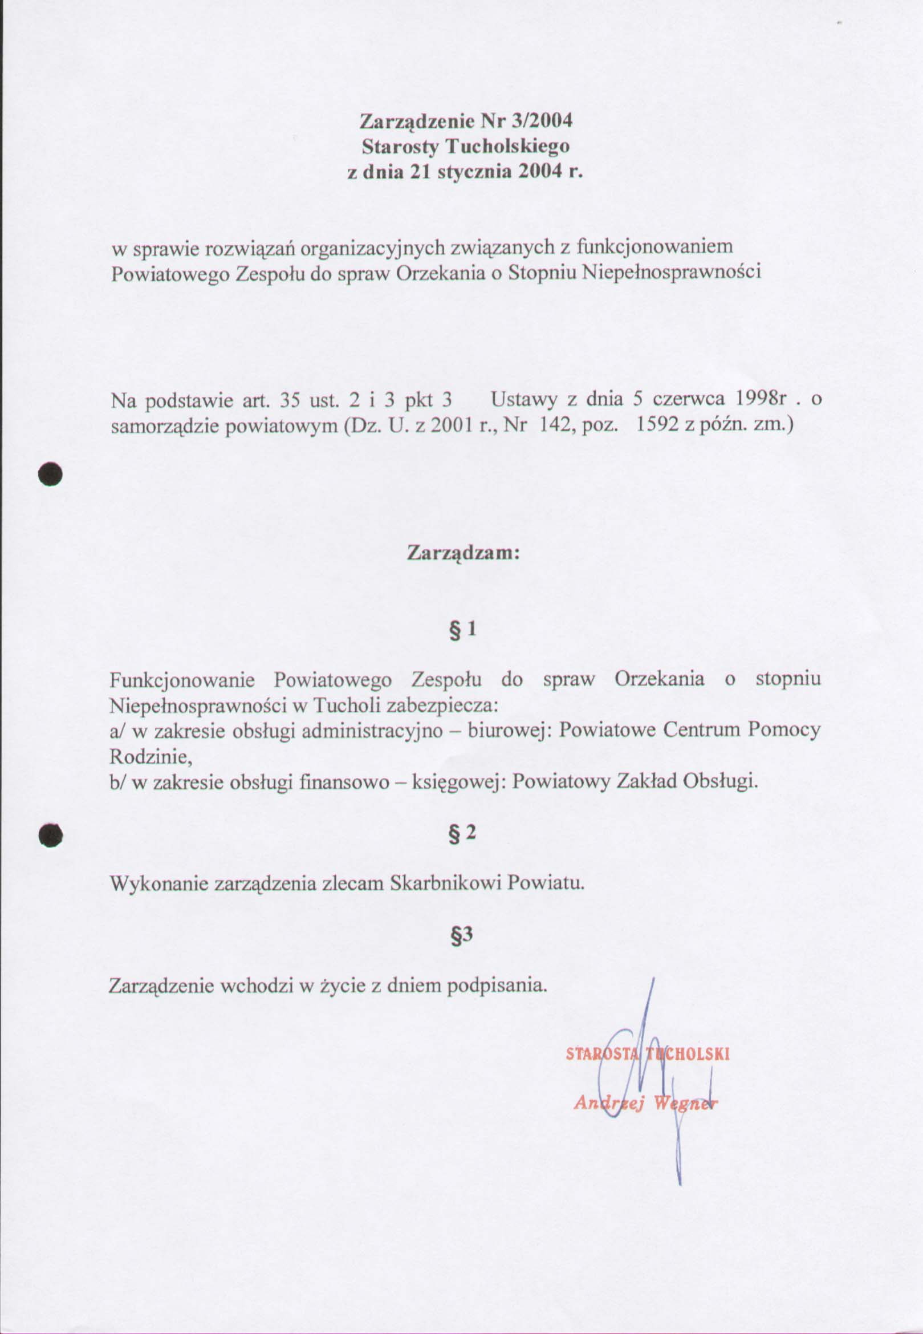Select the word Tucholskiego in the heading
(x=506, y=147)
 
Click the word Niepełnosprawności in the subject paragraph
(x=670, y=272)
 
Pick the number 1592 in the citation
(x=657, y=426)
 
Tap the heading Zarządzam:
(x=464, y=553)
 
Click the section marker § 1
(x=463, y=629)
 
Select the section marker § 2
(x=463, y=833)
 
